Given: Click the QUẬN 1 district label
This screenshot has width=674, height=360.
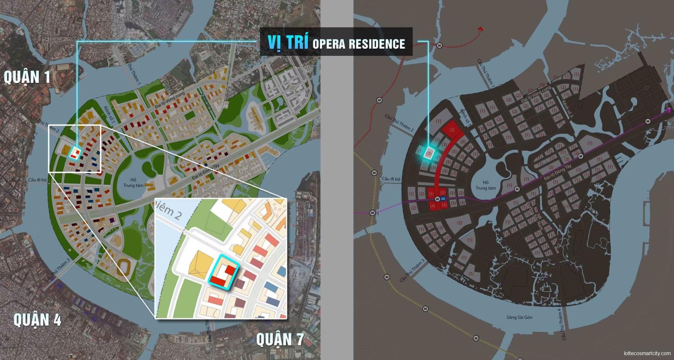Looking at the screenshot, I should [x=27, y=77].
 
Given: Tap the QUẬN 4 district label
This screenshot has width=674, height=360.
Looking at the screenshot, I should [x=37, y=320].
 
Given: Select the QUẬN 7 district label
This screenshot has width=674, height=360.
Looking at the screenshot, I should [x=280, y=340].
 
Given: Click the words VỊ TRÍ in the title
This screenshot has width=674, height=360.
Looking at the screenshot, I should [x=288, y=42].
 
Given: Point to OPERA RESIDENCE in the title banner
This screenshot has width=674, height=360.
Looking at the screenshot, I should [x=359, y=44].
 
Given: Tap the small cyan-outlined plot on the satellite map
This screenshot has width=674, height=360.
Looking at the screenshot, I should [x=76, y=153].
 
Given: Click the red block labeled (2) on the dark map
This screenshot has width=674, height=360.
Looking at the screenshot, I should [x=452, y=129].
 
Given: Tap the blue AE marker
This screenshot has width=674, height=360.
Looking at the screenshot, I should [x=443, y=199].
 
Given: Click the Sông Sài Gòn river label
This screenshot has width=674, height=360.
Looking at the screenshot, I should [x=519, y=317].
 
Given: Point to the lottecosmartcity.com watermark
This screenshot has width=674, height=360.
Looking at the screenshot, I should [x=647, y=353].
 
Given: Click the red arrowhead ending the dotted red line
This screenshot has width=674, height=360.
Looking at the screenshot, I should [x=480, y=29].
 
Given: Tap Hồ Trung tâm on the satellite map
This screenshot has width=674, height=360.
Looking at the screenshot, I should [x=133, y=183].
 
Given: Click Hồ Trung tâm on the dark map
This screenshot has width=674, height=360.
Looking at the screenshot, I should [x=486, y=185].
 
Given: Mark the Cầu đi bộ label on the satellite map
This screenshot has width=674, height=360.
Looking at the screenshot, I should [x=37, y=180].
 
